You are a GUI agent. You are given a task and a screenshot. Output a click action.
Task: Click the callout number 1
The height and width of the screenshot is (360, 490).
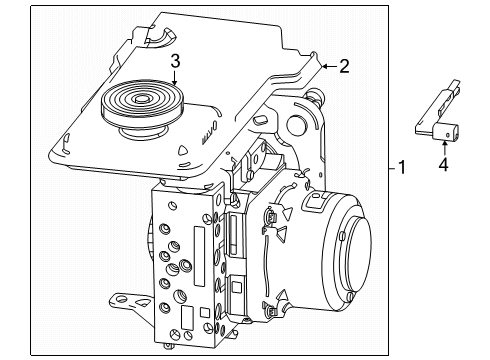(x=402, y=168)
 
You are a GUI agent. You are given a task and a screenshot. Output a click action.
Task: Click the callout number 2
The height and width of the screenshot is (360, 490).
(x=344, y=67)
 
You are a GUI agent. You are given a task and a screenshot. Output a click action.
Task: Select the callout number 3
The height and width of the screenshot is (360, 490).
(x=174, y=62)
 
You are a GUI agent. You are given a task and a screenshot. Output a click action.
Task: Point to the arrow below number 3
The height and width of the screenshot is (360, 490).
(x=174, y=80)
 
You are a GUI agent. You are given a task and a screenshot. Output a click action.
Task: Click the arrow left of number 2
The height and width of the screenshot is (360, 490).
(x=326, y=67)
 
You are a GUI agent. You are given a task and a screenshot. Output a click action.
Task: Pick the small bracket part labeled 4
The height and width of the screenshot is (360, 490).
(x=434, y=122)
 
